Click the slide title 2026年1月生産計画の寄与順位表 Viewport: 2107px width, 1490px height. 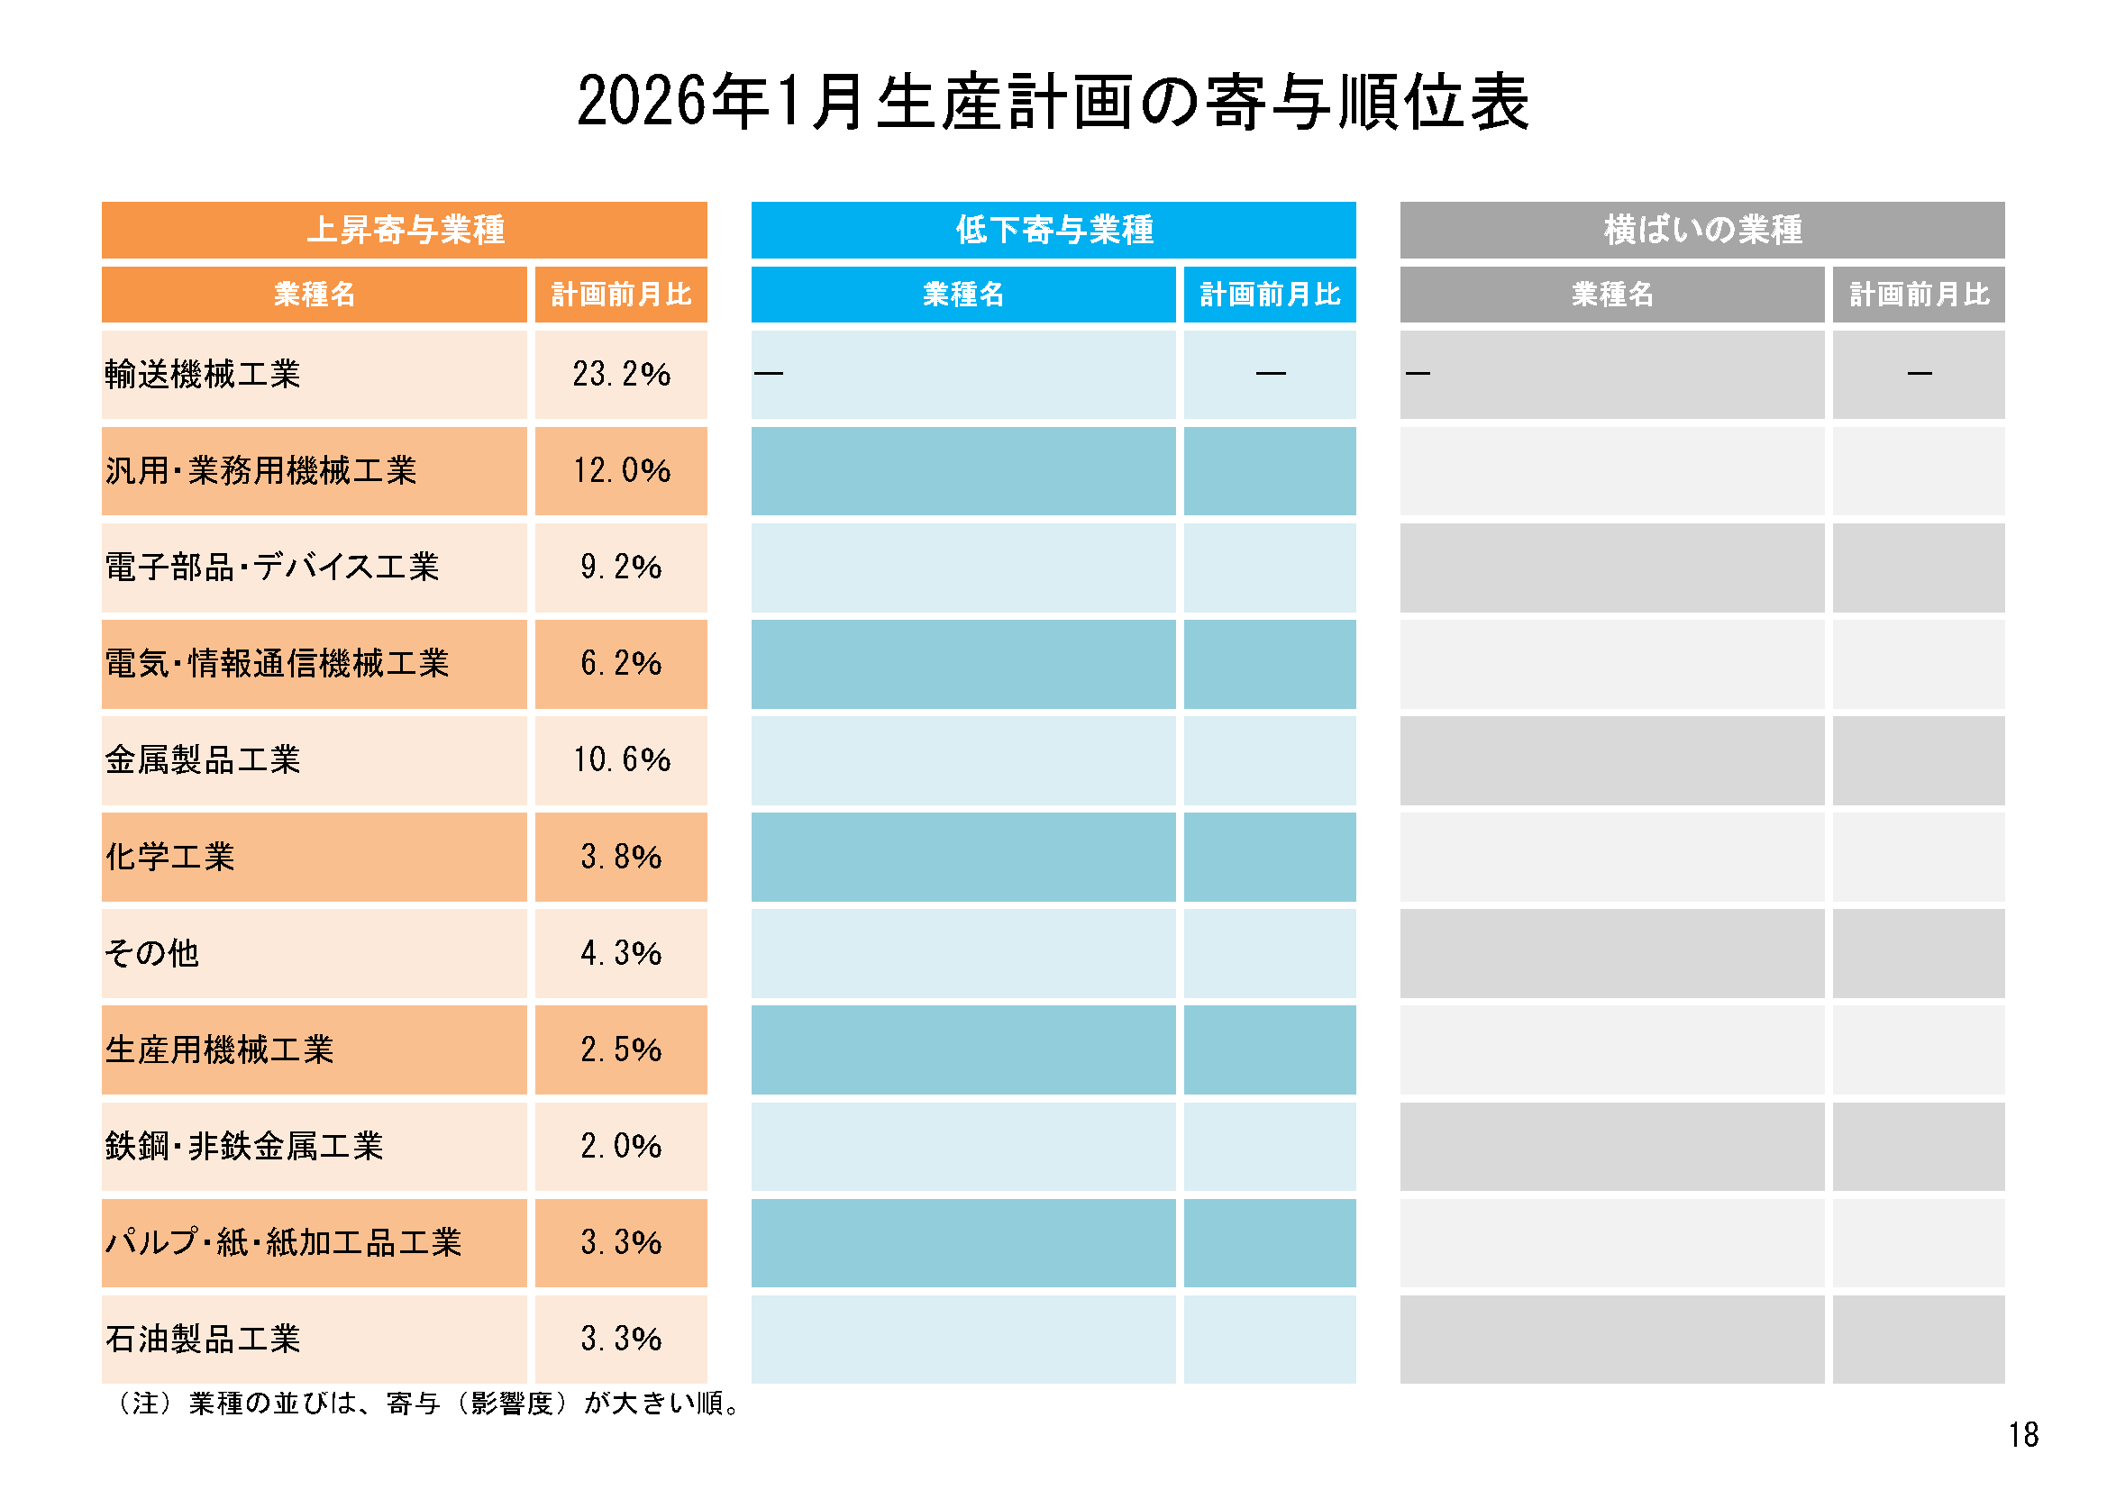[x=1053, y=101]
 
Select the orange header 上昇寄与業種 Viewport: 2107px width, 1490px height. [x=405, y=230]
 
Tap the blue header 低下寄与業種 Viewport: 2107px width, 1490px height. [x=1053, y=230]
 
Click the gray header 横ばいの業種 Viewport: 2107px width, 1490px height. [x=1702, y=230]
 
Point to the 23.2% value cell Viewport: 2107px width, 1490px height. [x=621, y=375]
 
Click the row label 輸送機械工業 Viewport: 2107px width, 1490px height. [x=203, y=375]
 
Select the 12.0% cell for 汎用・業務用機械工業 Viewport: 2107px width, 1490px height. [x=621, y=470]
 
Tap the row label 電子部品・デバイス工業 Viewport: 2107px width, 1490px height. [x=271, y=567]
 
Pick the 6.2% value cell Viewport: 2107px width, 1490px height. [x=621, y=663]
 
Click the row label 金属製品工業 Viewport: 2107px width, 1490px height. [x=203, y=759]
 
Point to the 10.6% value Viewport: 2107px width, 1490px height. [x=621, y=759]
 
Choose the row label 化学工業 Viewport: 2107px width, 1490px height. [x=169, y=857]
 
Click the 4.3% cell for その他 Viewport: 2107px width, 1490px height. [x=621, y=953]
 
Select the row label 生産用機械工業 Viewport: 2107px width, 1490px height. [x=219, y=1049]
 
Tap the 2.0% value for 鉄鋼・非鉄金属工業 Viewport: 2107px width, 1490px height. [x=621, y=1146]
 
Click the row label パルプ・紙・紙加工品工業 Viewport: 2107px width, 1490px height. [x=284, y=1242]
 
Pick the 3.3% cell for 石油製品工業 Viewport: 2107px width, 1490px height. [x=621, y=1339]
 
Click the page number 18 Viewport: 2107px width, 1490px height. [x=2022, y=1435]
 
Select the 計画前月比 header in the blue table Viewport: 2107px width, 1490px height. [x=1269, y=295]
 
